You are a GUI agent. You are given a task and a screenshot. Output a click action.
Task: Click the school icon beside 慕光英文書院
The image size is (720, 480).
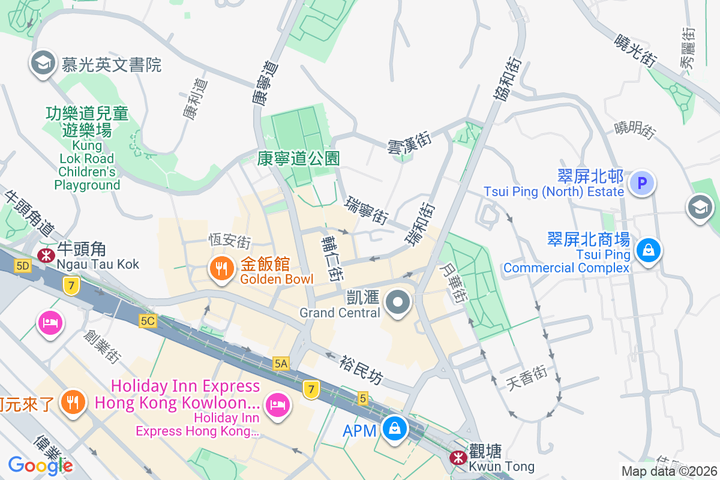click(x=43, y=63)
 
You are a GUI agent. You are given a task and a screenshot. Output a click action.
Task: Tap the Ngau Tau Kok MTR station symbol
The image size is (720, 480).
click(x=45, y=255)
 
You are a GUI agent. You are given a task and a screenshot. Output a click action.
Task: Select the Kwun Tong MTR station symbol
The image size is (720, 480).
click(x=459, y=458)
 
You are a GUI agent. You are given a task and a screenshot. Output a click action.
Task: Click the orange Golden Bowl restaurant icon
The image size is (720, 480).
click(x=221, y=269)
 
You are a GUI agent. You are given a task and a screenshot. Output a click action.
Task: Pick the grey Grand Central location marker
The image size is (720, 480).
click(x=397, y=303)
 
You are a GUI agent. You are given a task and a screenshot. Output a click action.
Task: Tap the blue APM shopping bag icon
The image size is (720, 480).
click(x=394, y=429)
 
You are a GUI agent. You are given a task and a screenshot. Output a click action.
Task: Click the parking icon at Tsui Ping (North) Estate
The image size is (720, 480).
click(x=642, y=182)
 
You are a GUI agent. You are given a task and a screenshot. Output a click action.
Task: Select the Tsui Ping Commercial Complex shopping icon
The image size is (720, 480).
click(x=648, y=250)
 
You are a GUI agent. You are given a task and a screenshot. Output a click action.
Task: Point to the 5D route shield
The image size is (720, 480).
click(x=23, y=266)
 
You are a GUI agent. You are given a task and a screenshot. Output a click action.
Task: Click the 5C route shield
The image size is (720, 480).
click(x=148, y=322)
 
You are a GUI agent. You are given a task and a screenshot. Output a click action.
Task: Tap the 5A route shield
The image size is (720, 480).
click(x=281, y=363)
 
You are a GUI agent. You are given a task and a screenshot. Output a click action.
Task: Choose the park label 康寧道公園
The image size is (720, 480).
click(x=298, y=158)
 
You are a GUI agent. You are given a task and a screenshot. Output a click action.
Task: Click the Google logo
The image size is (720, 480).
click(x=40, y=465)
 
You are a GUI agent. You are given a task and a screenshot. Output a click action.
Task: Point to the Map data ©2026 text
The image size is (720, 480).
click(x=669, y=471)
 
